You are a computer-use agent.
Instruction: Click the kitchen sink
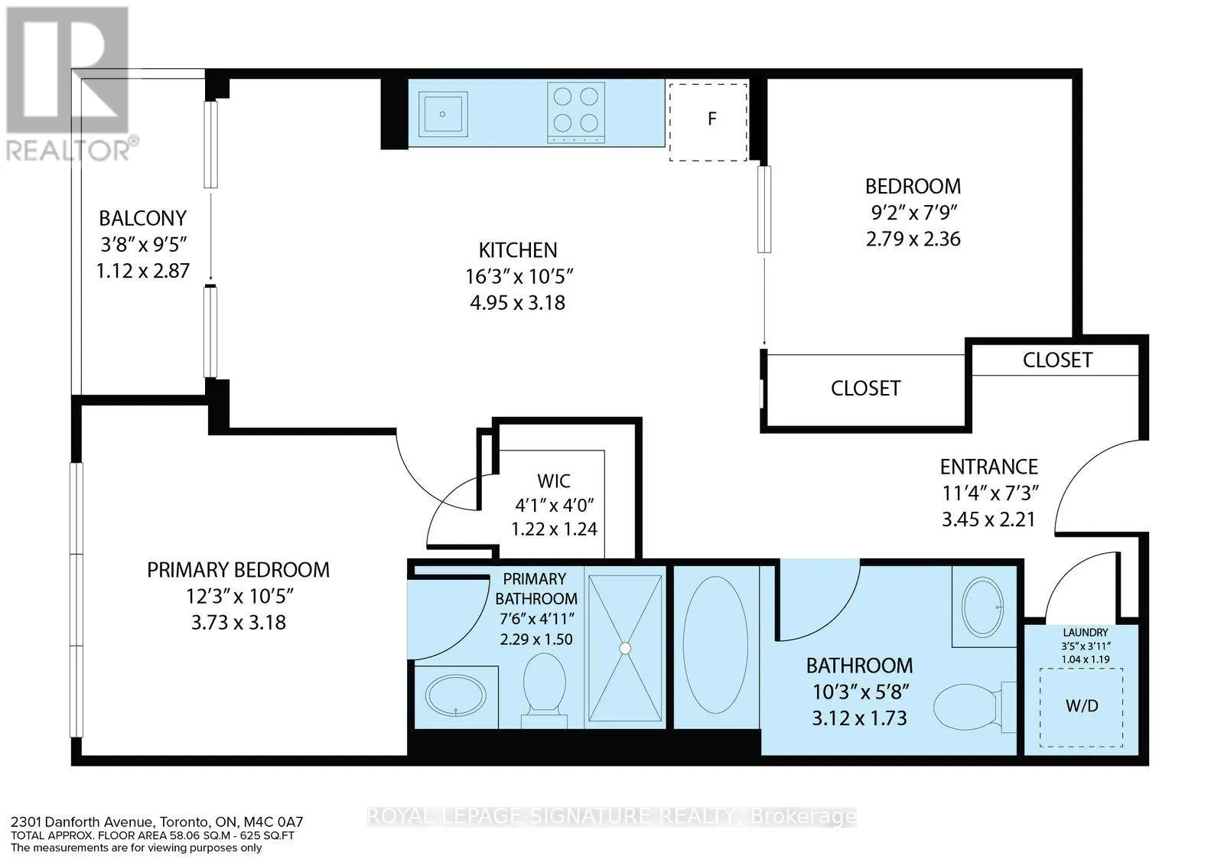443,114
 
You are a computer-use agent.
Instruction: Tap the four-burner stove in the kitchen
576,112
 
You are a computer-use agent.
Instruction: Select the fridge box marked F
708,122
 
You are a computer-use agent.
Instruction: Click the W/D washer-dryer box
1082,707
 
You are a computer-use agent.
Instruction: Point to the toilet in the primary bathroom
544,689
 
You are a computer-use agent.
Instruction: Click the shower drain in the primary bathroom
625,648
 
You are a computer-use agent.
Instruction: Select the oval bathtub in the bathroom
715,645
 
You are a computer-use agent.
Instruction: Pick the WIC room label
554,480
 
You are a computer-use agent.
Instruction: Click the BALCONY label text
142,219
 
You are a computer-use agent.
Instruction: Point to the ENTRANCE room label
989,467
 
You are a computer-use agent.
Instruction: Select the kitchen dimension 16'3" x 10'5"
518,276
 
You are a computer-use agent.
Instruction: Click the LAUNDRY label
1086,632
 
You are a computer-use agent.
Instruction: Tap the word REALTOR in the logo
68,150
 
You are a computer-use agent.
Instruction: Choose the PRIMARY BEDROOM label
238,570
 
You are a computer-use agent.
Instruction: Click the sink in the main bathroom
982,607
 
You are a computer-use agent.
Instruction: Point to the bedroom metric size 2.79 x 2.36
913,239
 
